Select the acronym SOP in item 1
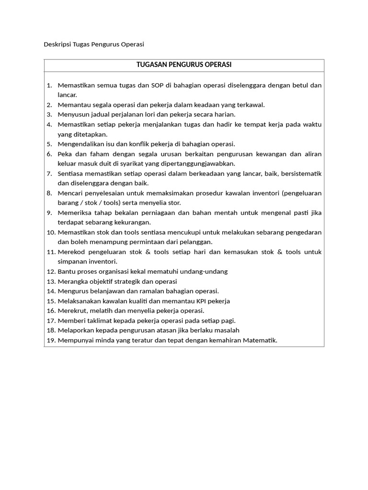(x=156, y=85)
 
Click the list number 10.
(x=50, y=232)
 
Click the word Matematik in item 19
(x=260, y=340)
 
